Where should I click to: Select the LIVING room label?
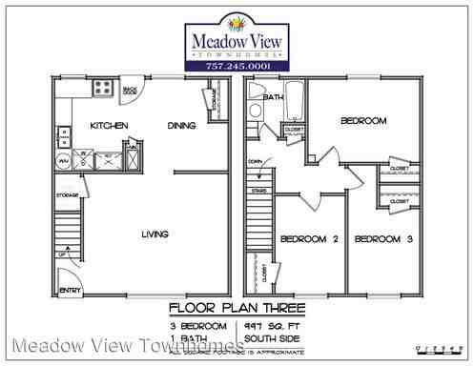155,234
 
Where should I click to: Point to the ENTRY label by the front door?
70,289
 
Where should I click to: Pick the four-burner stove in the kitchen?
101,90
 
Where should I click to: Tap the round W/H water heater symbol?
64,162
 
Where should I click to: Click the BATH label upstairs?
274,97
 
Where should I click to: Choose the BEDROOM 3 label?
383,238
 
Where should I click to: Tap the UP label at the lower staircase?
63,255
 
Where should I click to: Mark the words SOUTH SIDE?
272,338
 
